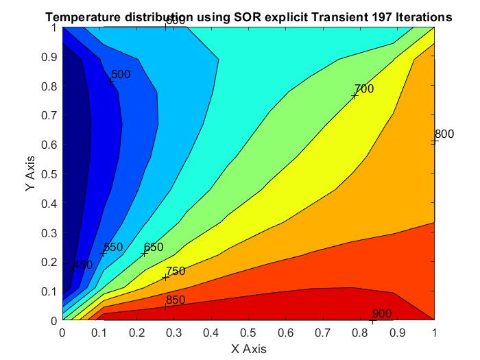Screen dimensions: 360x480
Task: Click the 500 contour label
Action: click(x=121, y=74)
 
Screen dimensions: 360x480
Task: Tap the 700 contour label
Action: click(x=364, y=88)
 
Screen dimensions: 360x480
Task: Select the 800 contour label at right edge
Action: click(x=444, y=134)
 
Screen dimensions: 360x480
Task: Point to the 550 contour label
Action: click(x=112, y=247)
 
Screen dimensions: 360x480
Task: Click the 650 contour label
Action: click(x=154, y=247)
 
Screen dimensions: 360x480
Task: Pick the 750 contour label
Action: click(x=176, y=271)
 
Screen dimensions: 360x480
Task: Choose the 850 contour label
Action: click(x=176, y=300)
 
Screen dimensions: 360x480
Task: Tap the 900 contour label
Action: click(x=382, y=313)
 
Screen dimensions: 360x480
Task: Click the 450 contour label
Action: click(x=82, y=265)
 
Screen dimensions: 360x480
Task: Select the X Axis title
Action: click(x=248, y=348)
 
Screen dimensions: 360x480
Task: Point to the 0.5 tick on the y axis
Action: click(x=49, y=174)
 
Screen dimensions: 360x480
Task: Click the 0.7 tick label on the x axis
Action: click(x=323, y=332)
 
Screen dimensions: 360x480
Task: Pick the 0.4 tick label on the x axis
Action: click(x=211, y=332)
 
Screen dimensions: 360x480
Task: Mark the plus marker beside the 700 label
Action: click(x=355, y=95)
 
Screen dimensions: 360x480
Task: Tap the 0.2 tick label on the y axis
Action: click(x=49, y=262)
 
